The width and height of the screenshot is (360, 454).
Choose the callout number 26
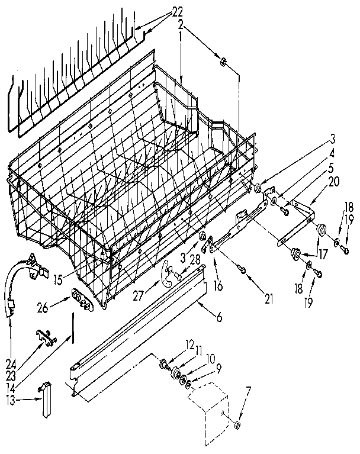coord(58,307)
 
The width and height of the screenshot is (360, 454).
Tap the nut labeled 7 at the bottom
coord(237,423)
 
